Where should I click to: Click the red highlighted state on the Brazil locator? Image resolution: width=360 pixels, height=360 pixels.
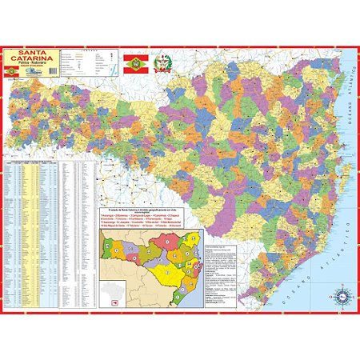click(113, 302)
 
